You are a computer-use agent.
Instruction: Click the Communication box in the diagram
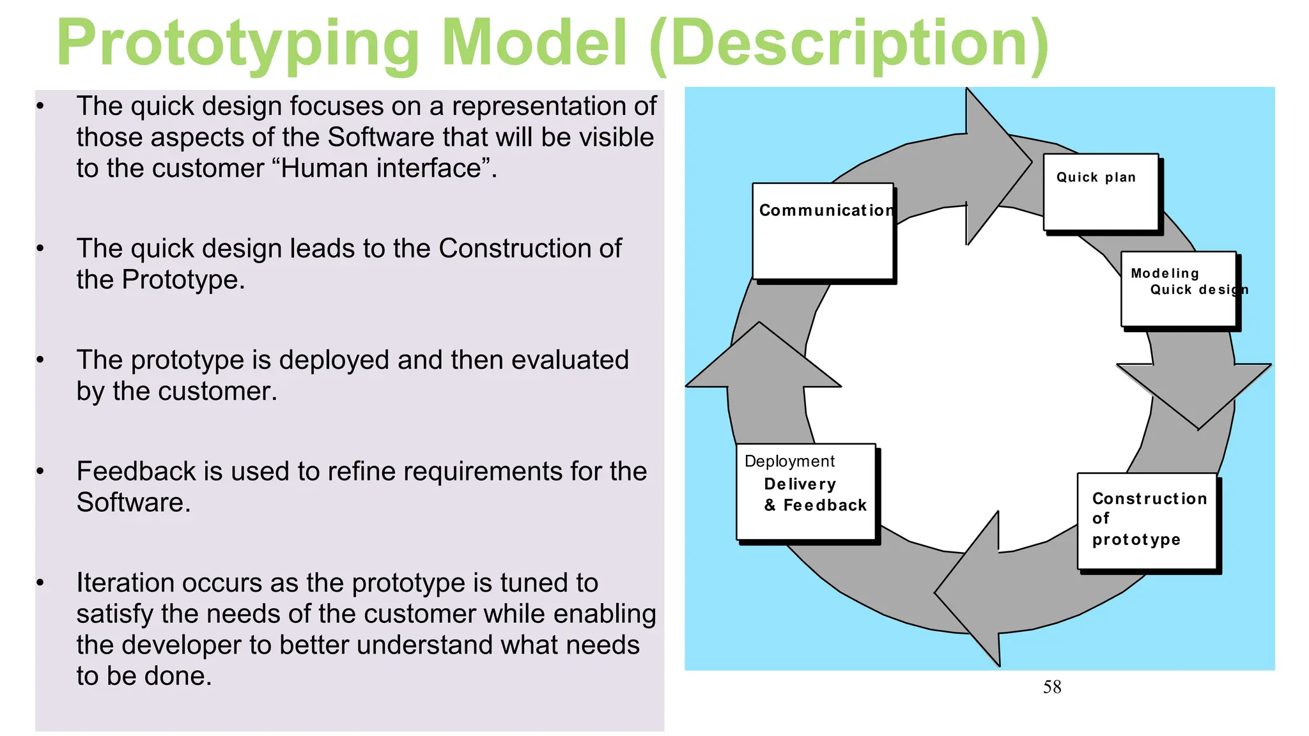(823, 231)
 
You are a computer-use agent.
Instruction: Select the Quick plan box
(1101, 192)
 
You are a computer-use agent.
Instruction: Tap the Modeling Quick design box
(1179, 289)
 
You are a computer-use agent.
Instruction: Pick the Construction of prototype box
(1147, 520)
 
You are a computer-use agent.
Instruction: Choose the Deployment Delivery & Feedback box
(805, 491)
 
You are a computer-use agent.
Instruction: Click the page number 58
(1052, 687)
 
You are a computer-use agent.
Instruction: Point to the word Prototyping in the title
(236, 43)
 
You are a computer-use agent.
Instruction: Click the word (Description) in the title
(849, 43)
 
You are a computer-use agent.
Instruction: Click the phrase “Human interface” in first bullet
(383, 169)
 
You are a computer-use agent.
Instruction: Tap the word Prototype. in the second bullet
(183, 280)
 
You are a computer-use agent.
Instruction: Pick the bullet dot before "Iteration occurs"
(40, 583)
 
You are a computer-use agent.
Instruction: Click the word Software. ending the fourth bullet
(134, 503)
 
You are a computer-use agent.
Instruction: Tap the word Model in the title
(534, 43)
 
